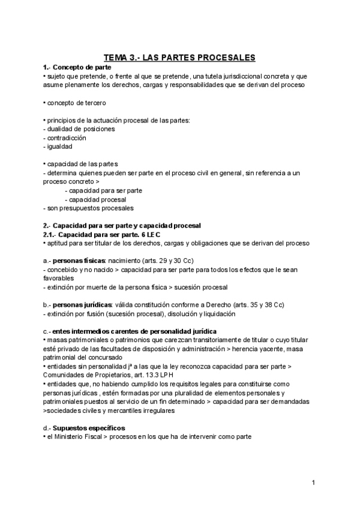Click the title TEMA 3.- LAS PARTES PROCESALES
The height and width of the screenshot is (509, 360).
[180, 57]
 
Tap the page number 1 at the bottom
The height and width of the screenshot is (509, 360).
[313, 483]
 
